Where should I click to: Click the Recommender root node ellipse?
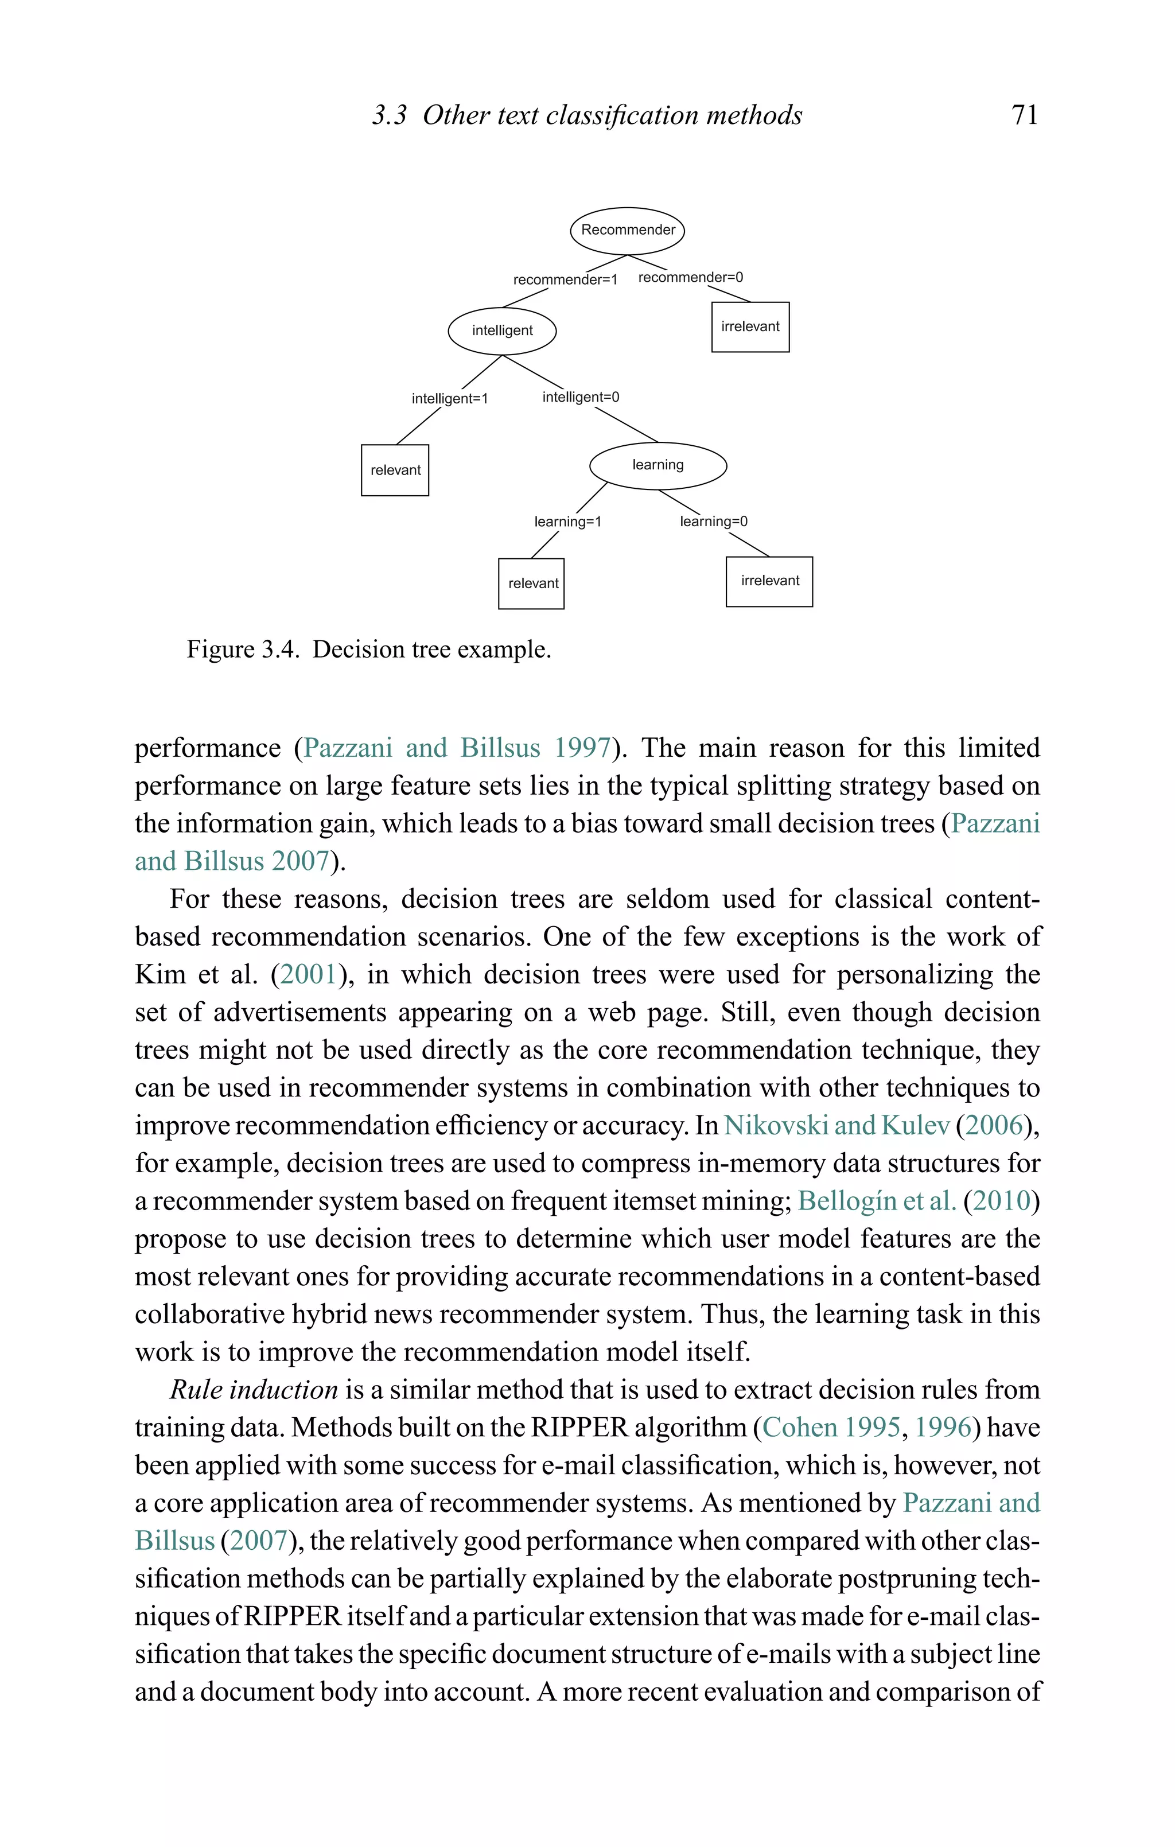pyautogui.click(x=628, y=230)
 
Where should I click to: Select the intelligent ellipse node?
pyautogui.click(x=503, y=330)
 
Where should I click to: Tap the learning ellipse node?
pyautogui.click(x=657, y=465)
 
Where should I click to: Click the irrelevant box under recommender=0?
pyautogui.click(x=750, y=326)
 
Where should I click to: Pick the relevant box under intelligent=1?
pyautogui.click(x=395, y=470)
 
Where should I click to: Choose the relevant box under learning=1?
pyautogui.click(x=531, y=583)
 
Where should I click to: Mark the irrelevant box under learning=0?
pyautogui.click(x=769, y=581)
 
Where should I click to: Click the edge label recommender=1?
pyautogui.click(x=565, y=279)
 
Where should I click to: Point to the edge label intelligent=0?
pyautogui.click(x=581, y=397)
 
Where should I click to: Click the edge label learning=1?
pyautogui.click(x=567, y=522)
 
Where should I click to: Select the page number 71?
pyautogui.click(x=1025, y=115)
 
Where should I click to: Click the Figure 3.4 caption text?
pyautogui.click(x=369, y=650)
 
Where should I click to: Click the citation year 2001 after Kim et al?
pyautogui.click(x=308, y=975)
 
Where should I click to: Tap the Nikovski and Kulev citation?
pyautogui.click(x=836, y=1125)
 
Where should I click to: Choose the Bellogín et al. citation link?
pyautogui.click(x=877, y=1200)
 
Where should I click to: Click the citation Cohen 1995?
pyautogui.click(x=831, y=1428)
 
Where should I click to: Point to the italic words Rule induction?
pyautogui.click(x=254, y=1390)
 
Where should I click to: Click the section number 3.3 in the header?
pyautogui.click(x=390, y=116)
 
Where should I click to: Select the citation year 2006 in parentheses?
pyautogui.click(x=995, y=1125)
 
